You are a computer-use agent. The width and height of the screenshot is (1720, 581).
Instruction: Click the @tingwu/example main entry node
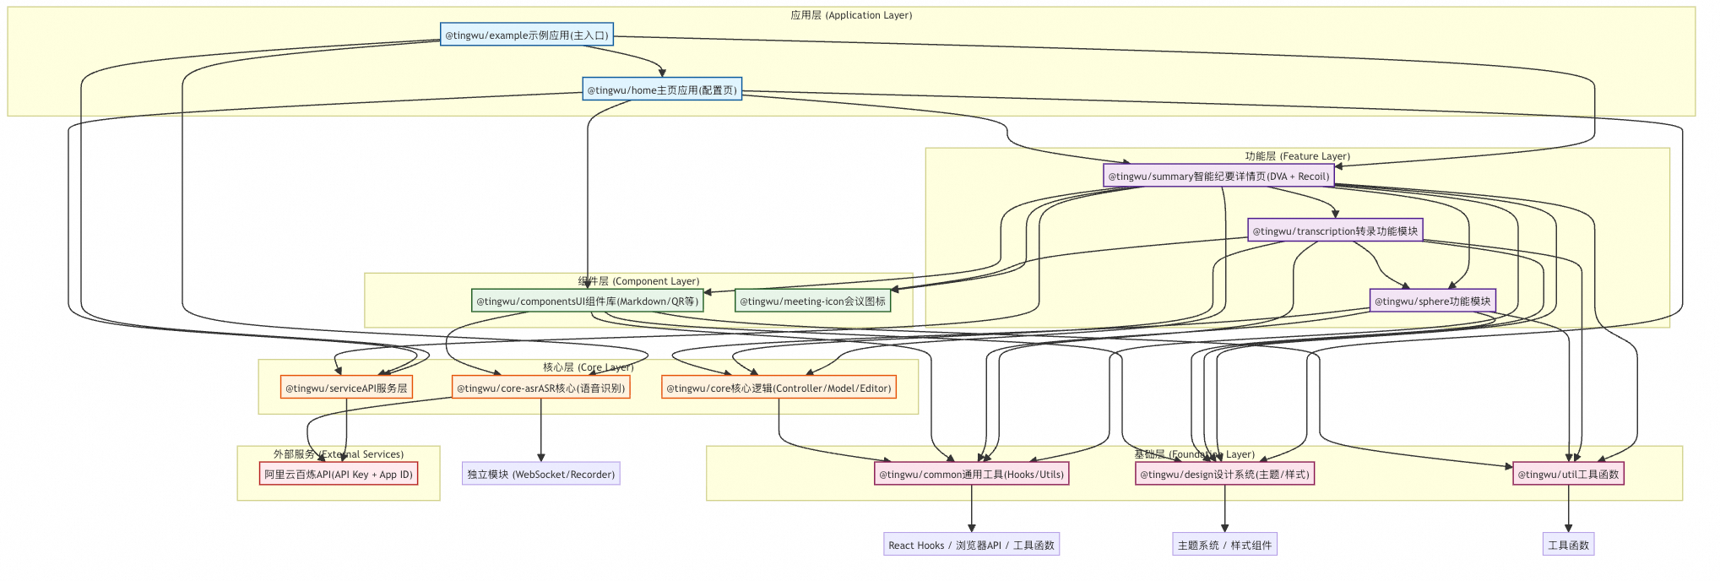[x=526, y=35]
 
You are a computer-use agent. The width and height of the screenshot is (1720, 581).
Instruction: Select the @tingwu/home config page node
[x=662, y=90]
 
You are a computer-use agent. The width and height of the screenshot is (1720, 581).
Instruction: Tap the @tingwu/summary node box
[x=1218, y=176]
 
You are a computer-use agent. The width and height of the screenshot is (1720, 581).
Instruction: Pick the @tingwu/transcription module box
[x=1334, y=231]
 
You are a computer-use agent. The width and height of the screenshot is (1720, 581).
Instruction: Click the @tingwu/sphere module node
[x=1432, y=301]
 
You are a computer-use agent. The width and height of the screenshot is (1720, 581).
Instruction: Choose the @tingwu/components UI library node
[x=587, y=301]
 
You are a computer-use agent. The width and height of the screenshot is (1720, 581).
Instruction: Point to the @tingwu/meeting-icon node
[x=812, y=301]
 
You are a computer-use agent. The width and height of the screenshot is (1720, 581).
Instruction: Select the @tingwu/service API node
[x=346, y=388]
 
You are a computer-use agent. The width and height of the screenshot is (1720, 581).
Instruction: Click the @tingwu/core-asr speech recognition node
[x=540, y=388]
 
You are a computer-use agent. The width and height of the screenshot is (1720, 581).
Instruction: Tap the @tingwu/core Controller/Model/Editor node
[x=778, y=388]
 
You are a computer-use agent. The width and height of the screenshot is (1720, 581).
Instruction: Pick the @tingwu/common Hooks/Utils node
[x=971, y=474]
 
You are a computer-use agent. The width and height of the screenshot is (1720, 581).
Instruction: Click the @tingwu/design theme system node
[x=1224, y=474]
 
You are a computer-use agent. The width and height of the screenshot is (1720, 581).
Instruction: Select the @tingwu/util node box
[x=1568, y=474]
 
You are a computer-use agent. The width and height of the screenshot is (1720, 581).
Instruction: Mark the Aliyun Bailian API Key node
[x=339, y=474]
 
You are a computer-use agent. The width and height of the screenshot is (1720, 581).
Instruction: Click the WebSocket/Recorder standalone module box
[x=541, y=474]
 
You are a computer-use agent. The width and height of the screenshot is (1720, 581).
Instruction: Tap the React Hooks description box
[x=971, y=545]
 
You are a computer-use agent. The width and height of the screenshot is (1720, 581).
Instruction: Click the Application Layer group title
[x=851, y=15]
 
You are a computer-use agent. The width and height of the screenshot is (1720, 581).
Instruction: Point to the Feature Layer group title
[x=1297, y=156]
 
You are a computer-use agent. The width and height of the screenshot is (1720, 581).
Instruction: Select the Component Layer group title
[x=638, y=281]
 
